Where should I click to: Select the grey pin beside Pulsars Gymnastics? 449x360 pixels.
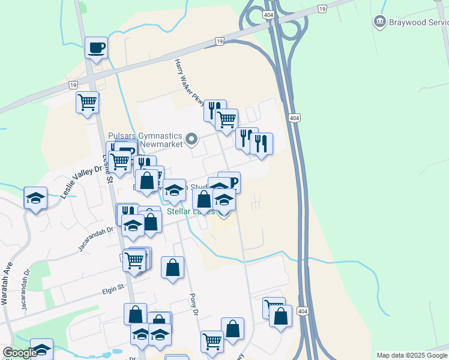(191, 140)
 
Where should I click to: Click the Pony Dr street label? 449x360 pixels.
(193, 304)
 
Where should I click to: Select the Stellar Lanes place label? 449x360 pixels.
(190, 211)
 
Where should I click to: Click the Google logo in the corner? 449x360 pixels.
(20, 353)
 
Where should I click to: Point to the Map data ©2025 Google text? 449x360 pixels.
(412, 355)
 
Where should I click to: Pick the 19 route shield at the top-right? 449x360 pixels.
(322, 8)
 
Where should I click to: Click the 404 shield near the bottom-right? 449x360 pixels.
(303, 311)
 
